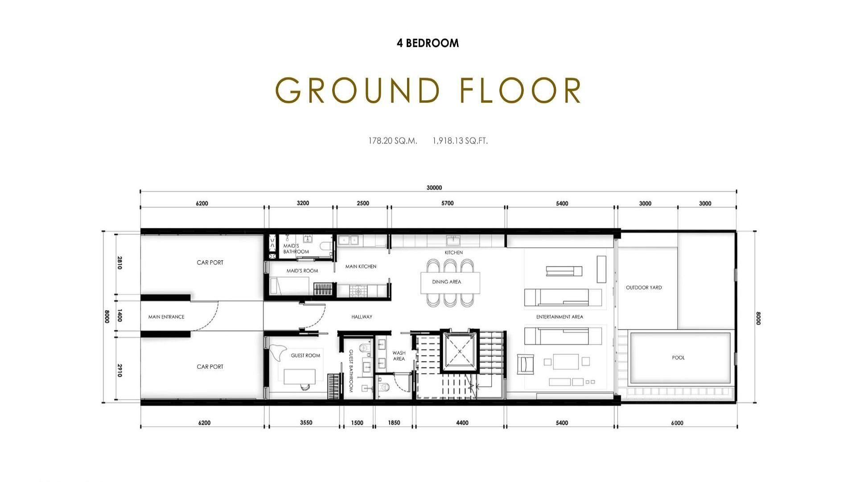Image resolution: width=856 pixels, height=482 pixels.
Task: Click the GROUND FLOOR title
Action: [428, 90]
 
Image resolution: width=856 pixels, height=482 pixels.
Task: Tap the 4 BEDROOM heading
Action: [428, 43]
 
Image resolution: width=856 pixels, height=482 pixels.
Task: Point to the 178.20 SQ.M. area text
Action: [393, 141]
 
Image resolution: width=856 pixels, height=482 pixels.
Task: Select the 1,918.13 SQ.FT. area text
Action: [460, 141]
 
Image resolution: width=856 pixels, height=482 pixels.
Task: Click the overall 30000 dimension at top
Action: [434, 188]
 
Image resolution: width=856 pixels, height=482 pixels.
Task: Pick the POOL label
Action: [678, 357]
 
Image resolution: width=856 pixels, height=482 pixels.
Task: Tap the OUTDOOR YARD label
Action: [644, 287]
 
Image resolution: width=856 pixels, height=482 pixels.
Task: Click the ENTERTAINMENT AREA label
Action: [560, 317]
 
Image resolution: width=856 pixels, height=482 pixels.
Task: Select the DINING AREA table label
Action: [446, 282]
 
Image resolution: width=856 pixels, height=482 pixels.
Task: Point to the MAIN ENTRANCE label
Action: [166, 317]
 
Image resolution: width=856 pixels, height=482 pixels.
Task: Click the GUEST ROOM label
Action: [305, 356]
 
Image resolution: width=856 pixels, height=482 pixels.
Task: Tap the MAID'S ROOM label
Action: [302, 271]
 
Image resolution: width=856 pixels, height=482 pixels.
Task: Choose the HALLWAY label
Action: [362, 317]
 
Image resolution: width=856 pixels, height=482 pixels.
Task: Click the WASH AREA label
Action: [399, 356]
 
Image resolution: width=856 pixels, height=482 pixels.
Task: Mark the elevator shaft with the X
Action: [459, 352]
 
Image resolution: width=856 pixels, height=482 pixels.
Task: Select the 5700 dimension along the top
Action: [448, 203]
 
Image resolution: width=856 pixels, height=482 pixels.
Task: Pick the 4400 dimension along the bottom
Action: [462, 423]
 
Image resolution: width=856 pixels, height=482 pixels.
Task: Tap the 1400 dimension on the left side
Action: [119, 316]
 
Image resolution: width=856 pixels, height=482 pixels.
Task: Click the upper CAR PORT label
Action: [210, 262]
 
